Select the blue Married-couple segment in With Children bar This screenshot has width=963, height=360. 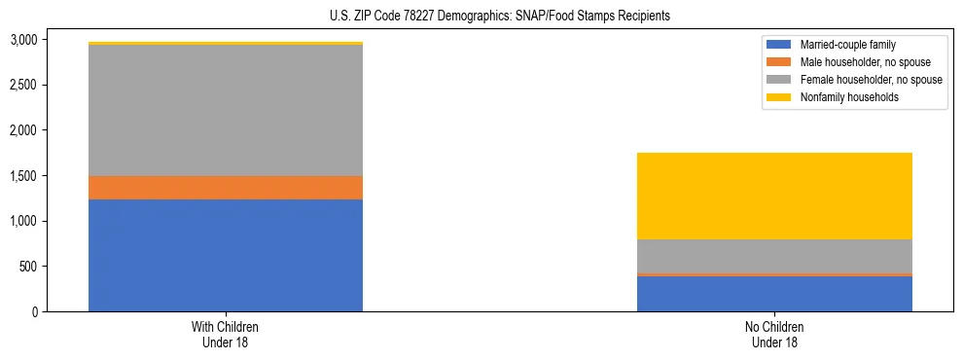(226, 255)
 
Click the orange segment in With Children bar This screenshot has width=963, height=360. (226, 188)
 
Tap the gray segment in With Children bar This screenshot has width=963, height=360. (226, 110)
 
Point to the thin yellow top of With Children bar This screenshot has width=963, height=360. (226, 44)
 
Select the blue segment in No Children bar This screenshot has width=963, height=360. (774, 294)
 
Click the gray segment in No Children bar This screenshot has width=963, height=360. (774, 256)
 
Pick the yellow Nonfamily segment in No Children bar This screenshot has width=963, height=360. (774, 196)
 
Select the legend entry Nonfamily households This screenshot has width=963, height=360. (842, 97)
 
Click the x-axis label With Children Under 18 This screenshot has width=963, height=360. (226, 334)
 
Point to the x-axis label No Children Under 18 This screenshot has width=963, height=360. (774, 334)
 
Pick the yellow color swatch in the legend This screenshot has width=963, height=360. (779, 97)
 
